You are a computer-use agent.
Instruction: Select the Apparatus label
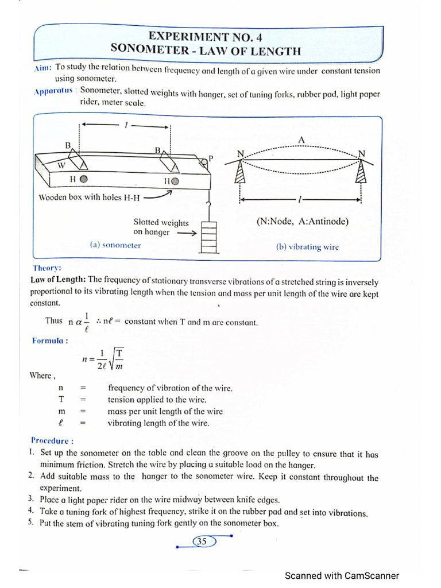pos(53,91)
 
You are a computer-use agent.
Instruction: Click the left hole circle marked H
pos(84,179)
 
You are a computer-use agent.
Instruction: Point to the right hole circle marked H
pos(175,180)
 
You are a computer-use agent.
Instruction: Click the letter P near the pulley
pos(210,158)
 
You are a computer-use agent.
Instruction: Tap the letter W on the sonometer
pos(61,165)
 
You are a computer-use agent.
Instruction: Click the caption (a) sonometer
pos(115,245)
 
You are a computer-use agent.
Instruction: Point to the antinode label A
pos(301,140)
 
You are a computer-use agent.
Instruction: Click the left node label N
pos(240,154)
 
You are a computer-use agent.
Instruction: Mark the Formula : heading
pos(50,341)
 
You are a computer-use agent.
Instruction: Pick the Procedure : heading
pos(52,441)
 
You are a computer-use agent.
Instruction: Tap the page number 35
pos(202,541)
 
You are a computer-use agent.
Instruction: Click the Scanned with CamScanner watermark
pos(342,575)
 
